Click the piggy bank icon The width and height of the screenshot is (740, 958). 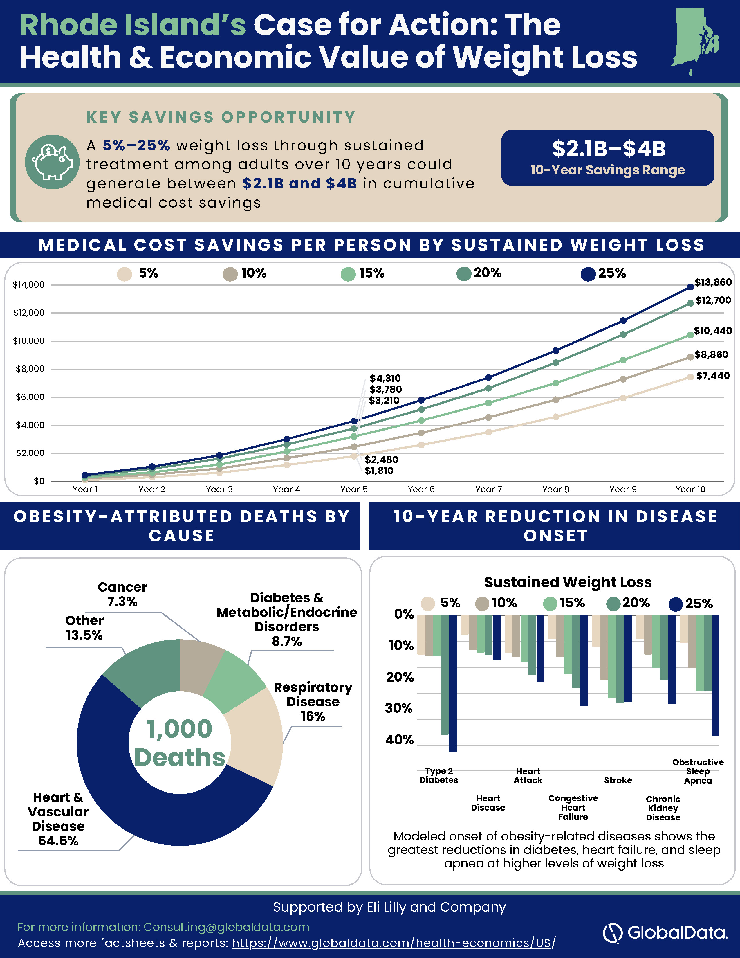click(x=52, y=162)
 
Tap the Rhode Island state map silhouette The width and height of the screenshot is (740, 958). click(x=695, y=40)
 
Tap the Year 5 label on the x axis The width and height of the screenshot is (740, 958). click(x=354, y=489)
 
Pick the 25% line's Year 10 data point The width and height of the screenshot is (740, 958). click(x=690, y=287)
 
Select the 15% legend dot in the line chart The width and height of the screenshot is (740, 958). click(x=348, y=274)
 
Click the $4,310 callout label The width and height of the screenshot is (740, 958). click(x=385, y=378)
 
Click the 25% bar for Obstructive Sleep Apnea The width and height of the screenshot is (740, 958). click(x=715, y=676)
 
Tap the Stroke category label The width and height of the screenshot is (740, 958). click(x=618, y=780)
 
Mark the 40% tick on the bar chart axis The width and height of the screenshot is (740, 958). click(x=399, y=740)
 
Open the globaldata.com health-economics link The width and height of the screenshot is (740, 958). click(x=394, y=943)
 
